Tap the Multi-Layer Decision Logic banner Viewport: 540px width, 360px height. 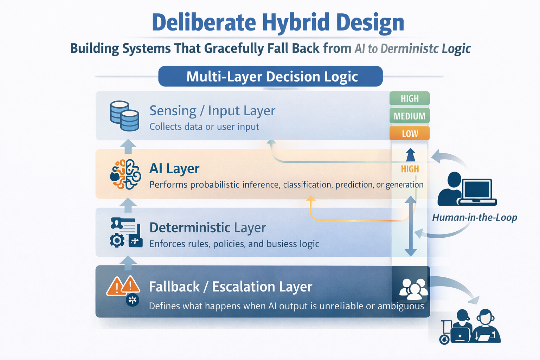click(270, 76)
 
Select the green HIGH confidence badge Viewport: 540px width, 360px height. click(410, 98)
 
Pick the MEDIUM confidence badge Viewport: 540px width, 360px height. click(410, 116)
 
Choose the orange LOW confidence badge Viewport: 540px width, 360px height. click(410, 134)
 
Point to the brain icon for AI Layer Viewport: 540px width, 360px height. click(126, 174)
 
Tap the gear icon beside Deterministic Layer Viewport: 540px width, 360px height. click(117, 240)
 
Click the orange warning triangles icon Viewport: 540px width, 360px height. click(123, 285)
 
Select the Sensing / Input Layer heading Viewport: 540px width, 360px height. click(212, 111)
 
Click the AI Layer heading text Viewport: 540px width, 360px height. click(174, 169)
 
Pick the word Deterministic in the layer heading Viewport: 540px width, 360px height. click(190, 228)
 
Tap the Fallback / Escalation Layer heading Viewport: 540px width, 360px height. click(230, 287)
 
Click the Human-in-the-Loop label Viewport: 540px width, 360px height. click(475, 218)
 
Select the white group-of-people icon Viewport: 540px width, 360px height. click(413, 289)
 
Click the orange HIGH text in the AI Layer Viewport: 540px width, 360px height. click(410, 169)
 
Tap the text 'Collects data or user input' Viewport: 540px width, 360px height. click(204, 127)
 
